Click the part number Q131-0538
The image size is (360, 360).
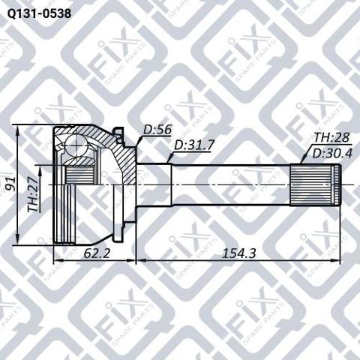click(x=39, y=13)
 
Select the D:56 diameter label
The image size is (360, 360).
click(x=157, y=130)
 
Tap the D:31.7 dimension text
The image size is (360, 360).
click(x=194, y=145)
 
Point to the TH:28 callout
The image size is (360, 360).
click(x=331, y=137)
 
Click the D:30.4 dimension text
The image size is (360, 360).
click(x=332, y=153)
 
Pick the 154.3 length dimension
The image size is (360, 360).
click(x=239, y=253)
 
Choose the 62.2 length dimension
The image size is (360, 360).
click(x=97, y=253)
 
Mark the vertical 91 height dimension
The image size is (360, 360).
click(x=10, y=184)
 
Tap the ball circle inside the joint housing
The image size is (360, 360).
click(x=76, y=146)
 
